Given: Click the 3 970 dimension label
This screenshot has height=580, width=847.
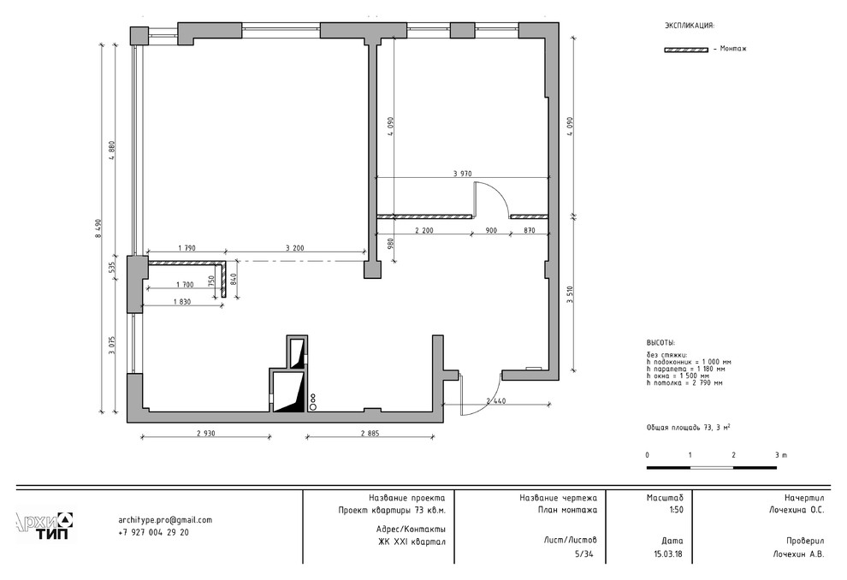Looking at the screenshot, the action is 462,174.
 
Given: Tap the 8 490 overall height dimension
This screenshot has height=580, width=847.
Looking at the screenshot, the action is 98,228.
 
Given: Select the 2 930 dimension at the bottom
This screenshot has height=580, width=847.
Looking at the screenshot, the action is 206,433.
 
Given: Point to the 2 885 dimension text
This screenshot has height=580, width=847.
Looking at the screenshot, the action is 370,433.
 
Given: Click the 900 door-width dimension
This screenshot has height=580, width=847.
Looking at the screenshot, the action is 491,230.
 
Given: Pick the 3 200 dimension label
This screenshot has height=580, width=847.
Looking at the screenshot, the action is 294,248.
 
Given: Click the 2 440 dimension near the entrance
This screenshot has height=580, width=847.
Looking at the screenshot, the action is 496,400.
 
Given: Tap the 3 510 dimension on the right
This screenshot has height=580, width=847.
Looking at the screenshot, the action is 569,295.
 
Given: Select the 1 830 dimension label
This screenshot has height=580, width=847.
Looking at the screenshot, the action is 182,302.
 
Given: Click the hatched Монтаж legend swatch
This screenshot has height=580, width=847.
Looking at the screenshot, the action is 686,50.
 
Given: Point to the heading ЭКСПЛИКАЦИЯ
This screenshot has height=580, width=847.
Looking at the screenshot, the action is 690,25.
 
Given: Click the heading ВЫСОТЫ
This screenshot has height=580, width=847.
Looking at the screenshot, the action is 660,342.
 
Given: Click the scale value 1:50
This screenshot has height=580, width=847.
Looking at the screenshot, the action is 675,509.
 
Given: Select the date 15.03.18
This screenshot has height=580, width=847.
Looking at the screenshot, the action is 668,553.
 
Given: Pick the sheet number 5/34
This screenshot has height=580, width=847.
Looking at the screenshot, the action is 585,553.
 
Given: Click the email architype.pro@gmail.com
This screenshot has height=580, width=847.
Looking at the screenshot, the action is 165,520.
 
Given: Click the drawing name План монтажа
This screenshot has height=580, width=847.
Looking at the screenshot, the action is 567,509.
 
